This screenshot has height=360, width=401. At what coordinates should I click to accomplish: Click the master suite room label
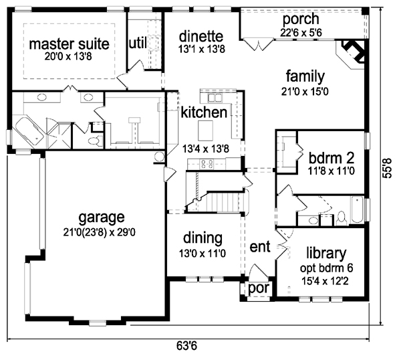pyautogui.click(x=69, y=43)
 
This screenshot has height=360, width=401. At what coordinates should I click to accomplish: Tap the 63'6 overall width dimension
pyautogui.click(x=186, y=346)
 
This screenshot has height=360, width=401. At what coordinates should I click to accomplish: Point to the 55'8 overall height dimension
pyautogui.click(x=387, y=168)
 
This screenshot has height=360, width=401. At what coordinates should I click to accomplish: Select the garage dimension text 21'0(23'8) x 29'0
pyautogui.click(x=99, y=232)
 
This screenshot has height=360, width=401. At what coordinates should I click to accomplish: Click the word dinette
pyautogui.click(x=201, y=36)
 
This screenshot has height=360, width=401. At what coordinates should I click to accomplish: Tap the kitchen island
pyautogui.click(x=206, y=130)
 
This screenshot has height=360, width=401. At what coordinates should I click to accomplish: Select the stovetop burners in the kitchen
pyautogui.click(x=207, y=164)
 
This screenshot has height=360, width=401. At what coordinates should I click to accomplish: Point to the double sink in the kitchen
pyautogui.click(x=215, y=98)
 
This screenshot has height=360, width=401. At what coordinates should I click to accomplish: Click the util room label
pyautogui.click(x=138, y=43)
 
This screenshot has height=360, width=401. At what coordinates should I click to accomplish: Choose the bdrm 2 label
pyautogui.click(x=331, y=158)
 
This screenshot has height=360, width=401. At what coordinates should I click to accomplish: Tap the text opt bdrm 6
pyautogui.click(x=326, y=268)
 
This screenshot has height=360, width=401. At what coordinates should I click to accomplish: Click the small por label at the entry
pyautogui.click(x=258, y=288)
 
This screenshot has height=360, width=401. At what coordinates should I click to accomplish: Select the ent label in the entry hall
pyautogui.click(x=260, y=246)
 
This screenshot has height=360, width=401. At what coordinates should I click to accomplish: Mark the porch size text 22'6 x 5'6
pyautogui.click(x=301, y=33)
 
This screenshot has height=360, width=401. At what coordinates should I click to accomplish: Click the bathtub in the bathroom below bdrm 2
pyautogui.click(x=358, y=210)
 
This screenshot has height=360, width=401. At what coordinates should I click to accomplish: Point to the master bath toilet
pyautogui.click(x=95, y=141)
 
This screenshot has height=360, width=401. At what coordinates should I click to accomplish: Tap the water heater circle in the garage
pyautogui.click(x=160, y=157)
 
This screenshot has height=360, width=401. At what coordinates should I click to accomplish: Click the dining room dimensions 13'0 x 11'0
pyautogui.click(x=203, y=254)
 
